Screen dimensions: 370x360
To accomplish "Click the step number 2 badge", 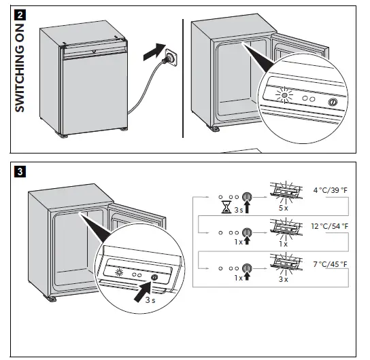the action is click(20, 15).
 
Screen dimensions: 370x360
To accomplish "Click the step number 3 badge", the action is click(20, 172).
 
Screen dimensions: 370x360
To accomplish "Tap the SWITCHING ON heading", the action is click(20, 68).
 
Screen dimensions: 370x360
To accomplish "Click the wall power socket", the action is click(171, 58).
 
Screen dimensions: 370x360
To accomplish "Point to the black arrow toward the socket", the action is click(154, 52).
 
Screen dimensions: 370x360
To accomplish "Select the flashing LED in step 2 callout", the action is click(284, 95).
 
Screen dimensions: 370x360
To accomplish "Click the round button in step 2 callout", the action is click(333, 102).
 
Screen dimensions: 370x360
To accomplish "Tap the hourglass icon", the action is click(226, 207).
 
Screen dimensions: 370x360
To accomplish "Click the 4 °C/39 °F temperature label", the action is click(331, 190).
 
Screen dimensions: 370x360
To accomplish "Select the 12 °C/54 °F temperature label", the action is click(330, 226).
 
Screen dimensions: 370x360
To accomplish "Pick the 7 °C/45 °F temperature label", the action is click(331, 264).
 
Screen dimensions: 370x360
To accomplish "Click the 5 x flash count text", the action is click(284, 208).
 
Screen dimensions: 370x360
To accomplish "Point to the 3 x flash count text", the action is click(284, 279).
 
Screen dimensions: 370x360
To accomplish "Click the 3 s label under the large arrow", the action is click(150, 300).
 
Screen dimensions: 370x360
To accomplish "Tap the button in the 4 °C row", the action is click(247, 197).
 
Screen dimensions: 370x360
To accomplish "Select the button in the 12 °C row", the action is click(247, 232).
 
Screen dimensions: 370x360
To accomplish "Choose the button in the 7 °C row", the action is click(247, 268).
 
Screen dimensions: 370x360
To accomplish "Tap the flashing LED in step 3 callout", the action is click(119, 272).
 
